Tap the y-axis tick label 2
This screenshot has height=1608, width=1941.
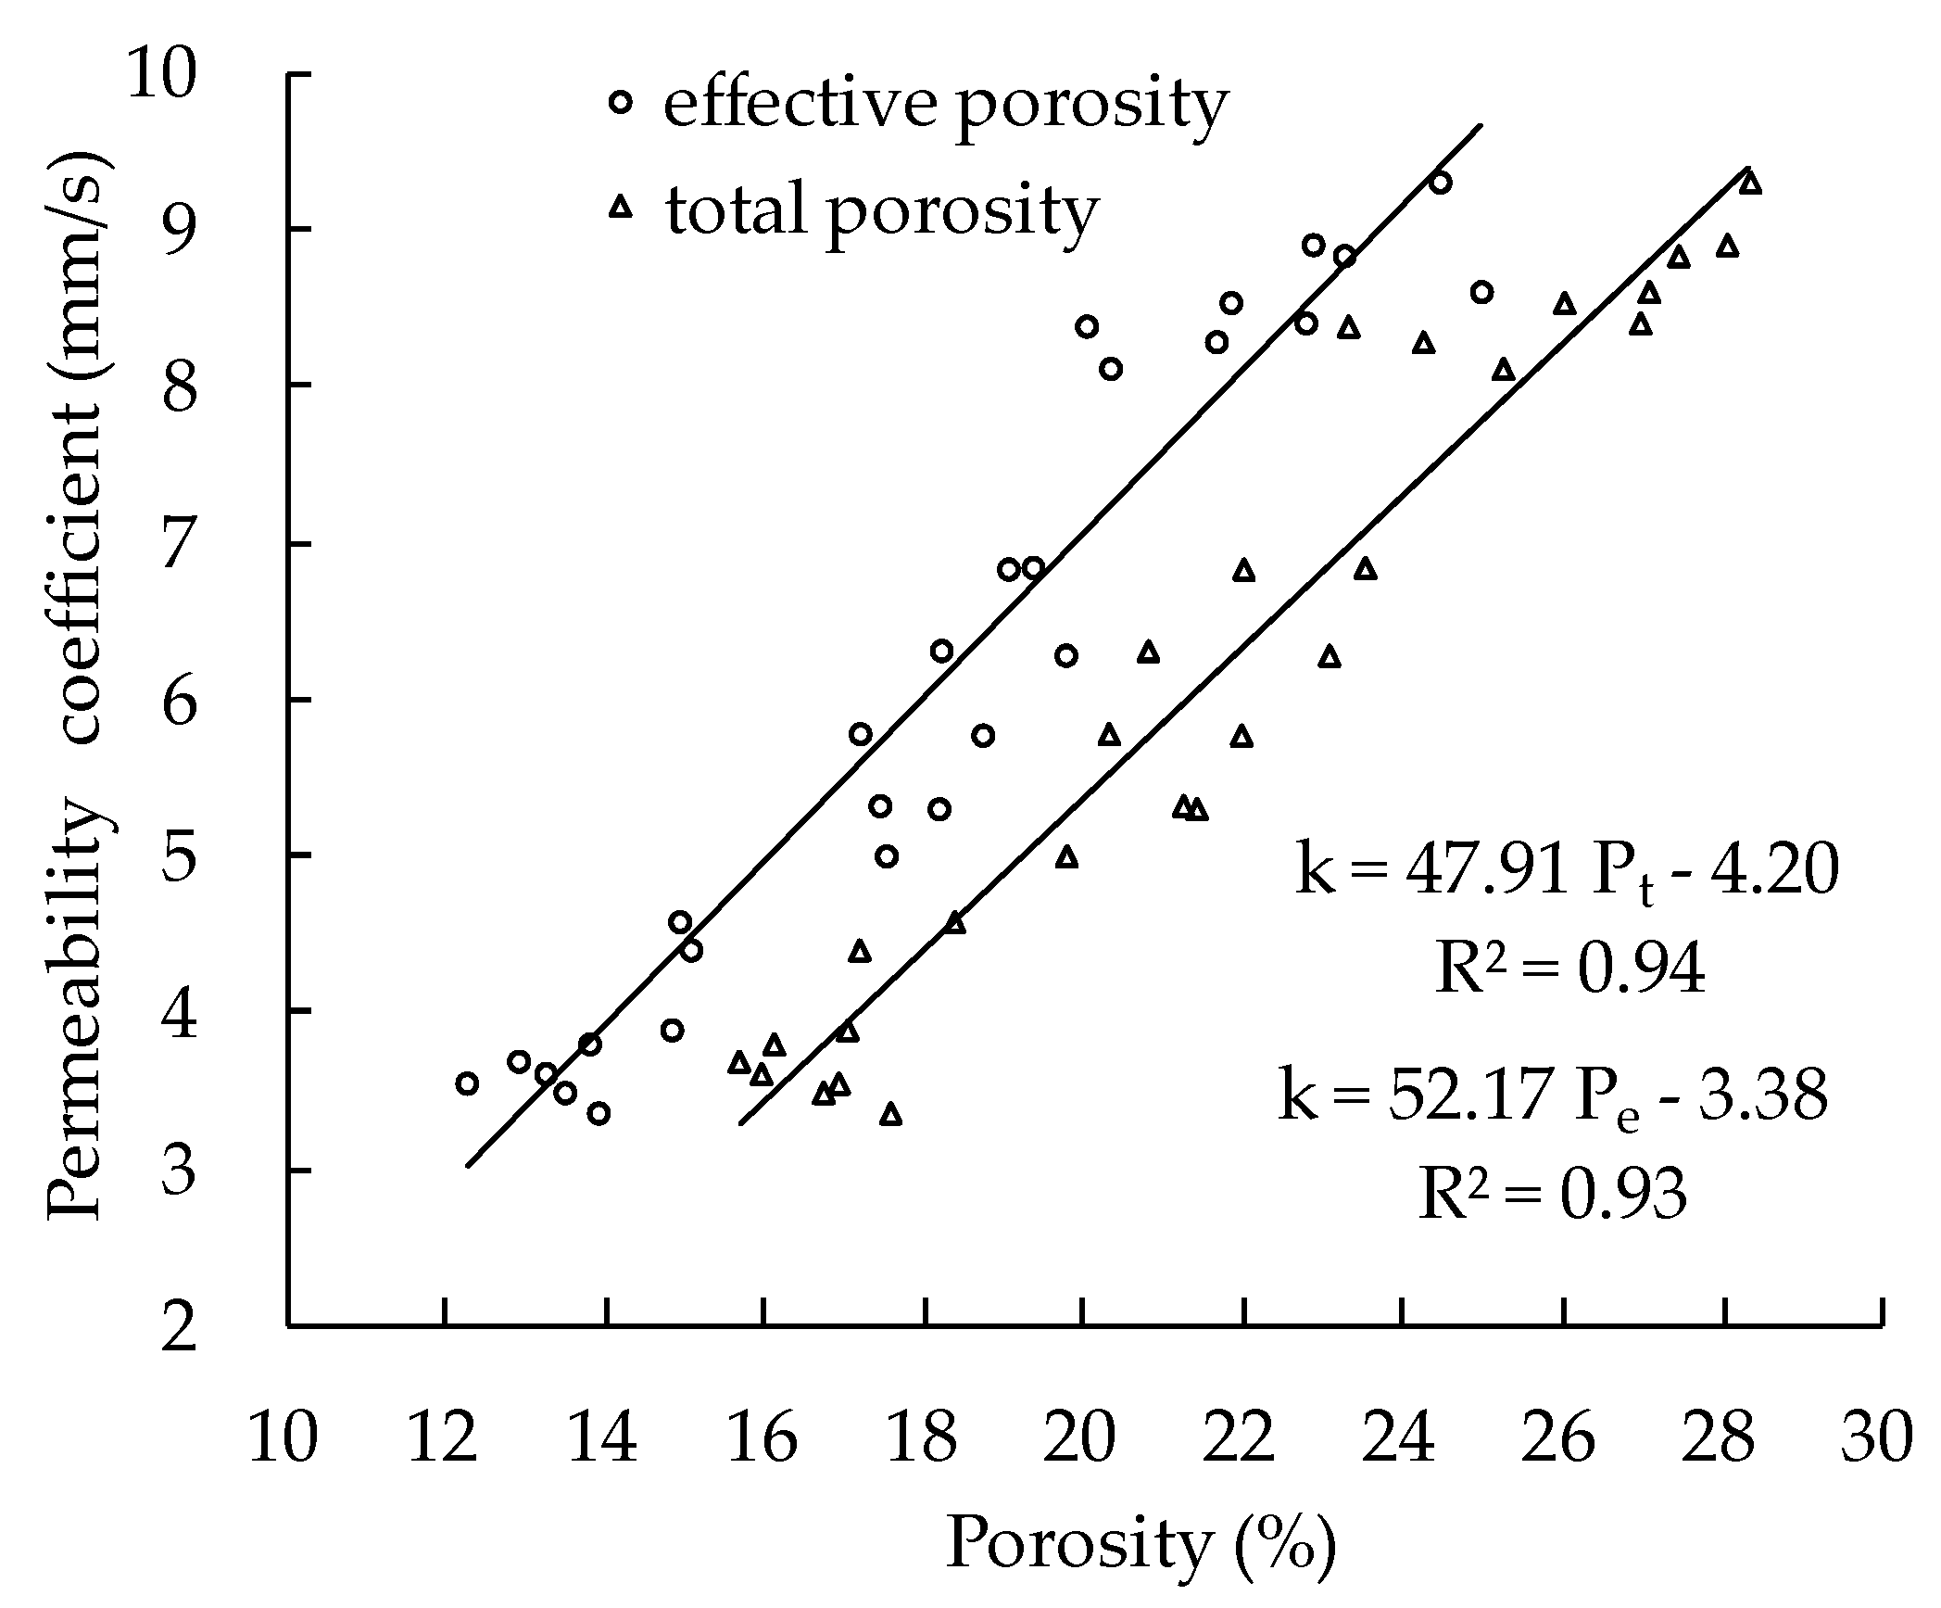coord(181,1326)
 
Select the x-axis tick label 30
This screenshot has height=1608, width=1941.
coord(1876,1439)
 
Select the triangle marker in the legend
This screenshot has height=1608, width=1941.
coord(621,208)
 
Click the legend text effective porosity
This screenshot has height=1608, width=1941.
coord(945,104)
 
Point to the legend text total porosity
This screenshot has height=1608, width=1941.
coord(880,209)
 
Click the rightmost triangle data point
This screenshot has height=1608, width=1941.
coord(1749,183)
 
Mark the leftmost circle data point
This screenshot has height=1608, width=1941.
coord(467,1083)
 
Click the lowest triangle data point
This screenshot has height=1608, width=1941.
coord(891,1115)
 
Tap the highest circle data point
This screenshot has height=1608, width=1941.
coord(1441,183)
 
